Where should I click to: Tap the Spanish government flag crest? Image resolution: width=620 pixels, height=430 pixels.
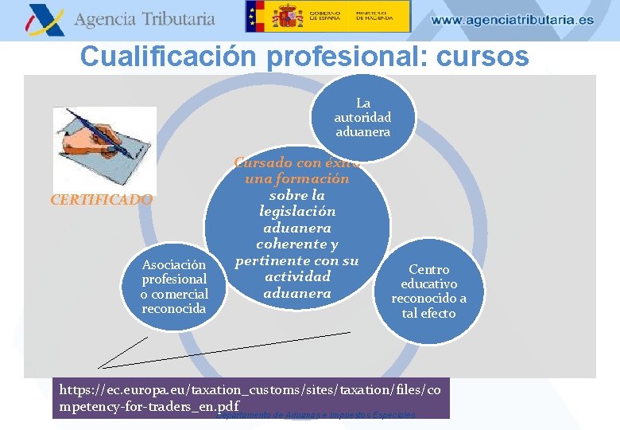tap(288, 16)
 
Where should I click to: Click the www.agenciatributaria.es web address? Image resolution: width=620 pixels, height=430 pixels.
tap(513, 20)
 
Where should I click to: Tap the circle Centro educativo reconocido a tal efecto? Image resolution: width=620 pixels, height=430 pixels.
tap(428, 291)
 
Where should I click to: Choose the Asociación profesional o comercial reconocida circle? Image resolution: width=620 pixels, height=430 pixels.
tap(174, 286)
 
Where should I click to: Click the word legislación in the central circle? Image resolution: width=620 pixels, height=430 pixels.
tap(297, 211)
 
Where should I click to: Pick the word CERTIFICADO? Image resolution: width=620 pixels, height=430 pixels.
tap(101, 200)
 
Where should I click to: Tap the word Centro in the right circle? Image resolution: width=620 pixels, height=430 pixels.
tap(428, 269)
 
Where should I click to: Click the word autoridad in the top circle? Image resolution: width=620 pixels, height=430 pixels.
tap(362, 117)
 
